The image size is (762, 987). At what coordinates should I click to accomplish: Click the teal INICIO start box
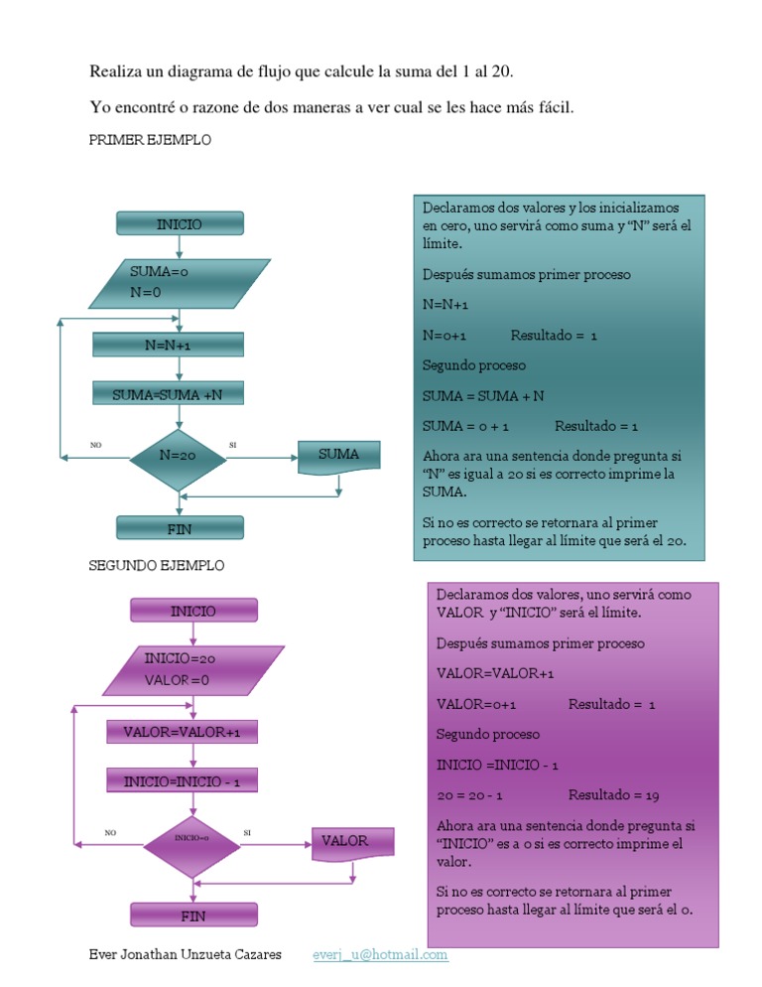[180, 224]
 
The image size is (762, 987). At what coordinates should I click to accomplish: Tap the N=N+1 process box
[168, 345]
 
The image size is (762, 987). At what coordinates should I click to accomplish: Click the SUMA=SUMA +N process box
[168, 395]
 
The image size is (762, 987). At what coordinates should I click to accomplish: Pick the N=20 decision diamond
[179, 456]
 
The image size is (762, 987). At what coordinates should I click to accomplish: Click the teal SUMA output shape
[339, 456]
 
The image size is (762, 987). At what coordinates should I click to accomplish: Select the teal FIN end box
[180, 528]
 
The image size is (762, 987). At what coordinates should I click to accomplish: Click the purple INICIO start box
[193, 610]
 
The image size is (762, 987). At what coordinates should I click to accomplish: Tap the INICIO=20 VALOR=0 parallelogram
[193, 670]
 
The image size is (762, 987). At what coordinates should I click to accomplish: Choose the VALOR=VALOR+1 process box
[182, 732]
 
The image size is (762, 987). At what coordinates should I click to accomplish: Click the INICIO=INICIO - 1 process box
[182, 781]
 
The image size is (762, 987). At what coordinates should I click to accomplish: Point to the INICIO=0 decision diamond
[192, 839]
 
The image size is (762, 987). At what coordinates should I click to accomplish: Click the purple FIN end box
[193, 915]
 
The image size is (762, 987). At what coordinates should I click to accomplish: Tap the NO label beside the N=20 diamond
[95, 445]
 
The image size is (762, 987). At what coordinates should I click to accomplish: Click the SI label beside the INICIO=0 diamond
[247, 831]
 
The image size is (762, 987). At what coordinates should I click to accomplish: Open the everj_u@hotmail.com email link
[380, 955]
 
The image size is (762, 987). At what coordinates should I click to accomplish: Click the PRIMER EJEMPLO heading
[150, 141]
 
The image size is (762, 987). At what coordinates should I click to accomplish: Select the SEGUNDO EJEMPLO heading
[157, 565]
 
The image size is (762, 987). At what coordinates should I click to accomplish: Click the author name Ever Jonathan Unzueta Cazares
[185, 955]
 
